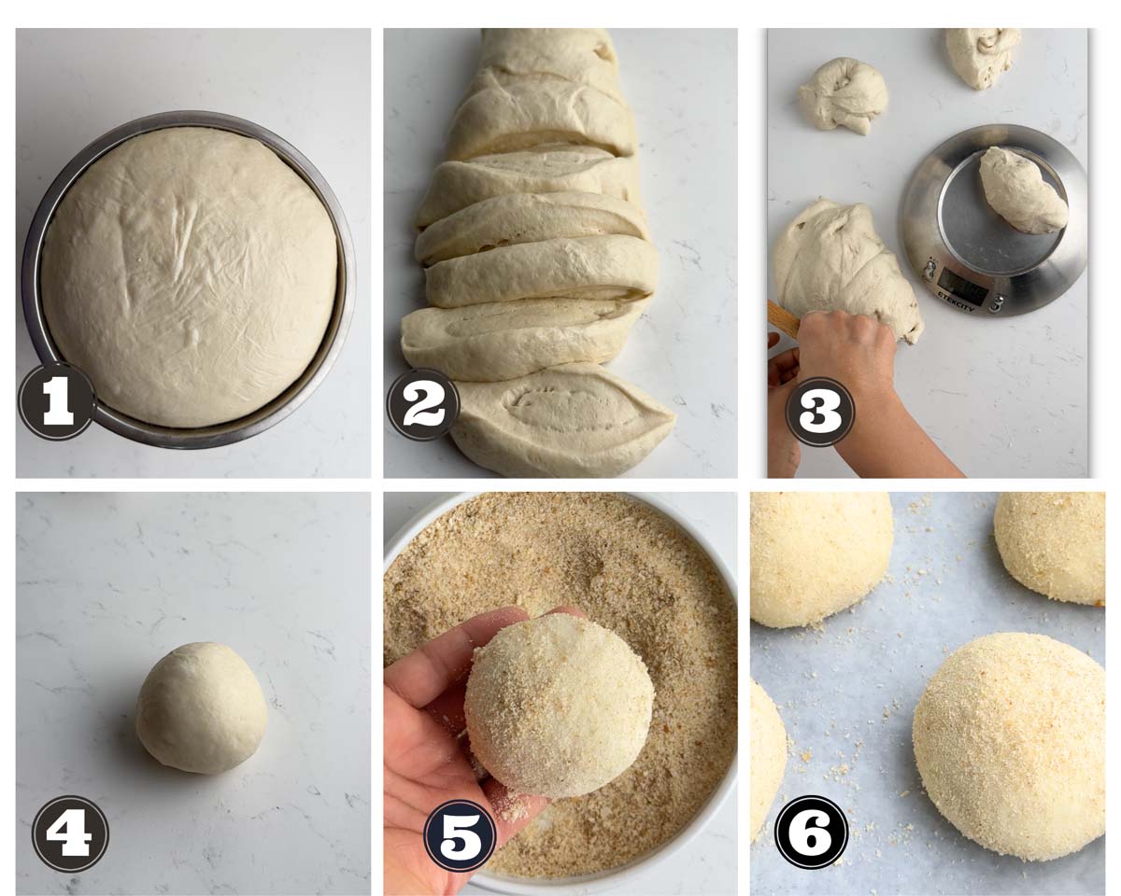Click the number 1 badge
coord(57,401)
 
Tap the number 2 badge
coord(423,405)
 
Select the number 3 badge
coord(819,411)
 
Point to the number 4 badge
coord(70,833)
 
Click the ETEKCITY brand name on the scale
coord(957,301)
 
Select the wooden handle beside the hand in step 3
coord(783,316)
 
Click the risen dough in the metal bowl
coord(189,276)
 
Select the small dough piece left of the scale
coord(844,96)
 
